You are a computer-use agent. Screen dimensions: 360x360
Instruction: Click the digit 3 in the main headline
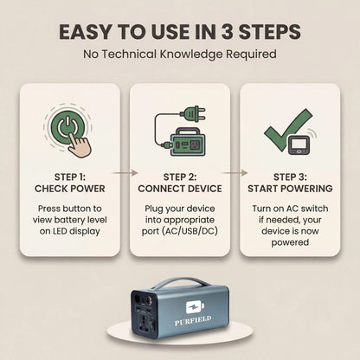tap(227, 32)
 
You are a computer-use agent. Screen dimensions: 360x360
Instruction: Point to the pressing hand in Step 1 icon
tap(80, 145)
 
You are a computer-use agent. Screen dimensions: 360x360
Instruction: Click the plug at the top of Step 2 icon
tap(192, 113)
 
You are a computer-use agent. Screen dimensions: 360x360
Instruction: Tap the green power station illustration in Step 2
tap(188, 142)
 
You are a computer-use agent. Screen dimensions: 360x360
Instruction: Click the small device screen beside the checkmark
tap(299, 145)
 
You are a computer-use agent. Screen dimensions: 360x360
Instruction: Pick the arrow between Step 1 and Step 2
tap(125, 173)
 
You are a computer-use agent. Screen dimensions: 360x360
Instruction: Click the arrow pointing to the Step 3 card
tap(235, 173)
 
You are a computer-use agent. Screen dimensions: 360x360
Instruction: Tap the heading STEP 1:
tap(70, 177)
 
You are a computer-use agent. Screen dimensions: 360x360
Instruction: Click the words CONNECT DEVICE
tap(180, 189)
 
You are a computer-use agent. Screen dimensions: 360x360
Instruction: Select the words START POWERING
tap(290, 189)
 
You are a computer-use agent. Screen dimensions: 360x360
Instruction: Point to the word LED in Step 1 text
tap(60, 231)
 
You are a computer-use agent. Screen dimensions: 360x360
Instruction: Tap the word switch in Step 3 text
tap(315, 209)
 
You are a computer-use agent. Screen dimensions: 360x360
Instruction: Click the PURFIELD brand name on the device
tap(193, 320)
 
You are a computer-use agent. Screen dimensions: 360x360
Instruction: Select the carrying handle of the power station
tap(179, 283)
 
